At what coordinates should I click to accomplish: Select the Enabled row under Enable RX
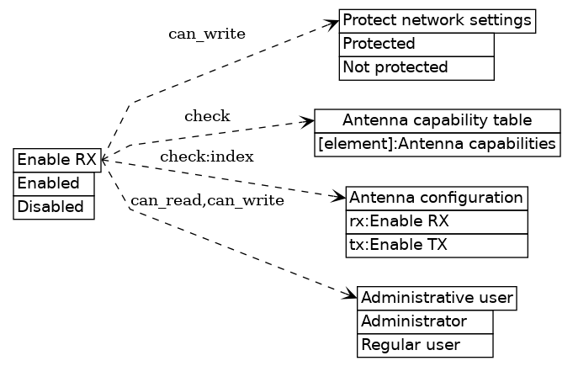point(53,183)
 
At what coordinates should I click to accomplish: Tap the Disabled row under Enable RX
point(53,207)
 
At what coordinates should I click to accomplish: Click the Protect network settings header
point(438,20)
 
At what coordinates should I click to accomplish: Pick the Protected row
point(416,44)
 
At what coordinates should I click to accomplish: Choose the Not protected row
point(416,67)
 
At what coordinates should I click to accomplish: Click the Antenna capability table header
point(438,120)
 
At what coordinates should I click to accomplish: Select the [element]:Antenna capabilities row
point(438,145)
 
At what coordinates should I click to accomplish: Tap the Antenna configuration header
point(436,199)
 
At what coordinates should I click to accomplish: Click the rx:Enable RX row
point(436,222)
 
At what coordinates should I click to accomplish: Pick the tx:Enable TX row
point(436,246)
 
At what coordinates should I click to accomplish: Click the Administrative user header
point(437,298)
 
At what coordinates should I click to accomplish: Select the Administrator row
point(424,321)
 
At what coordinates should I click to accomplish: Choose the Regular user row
point(424,345)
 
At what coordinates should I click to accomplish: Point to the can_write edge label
point(207,34)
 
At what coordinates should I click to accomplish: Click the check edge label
point(207,116)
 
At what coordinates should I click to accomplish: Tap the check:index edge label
point(207,156)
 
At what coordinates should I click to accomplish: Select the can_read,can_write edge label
point(207,200)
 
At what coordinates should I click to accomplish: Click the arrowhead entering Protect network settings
point(333,23)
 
